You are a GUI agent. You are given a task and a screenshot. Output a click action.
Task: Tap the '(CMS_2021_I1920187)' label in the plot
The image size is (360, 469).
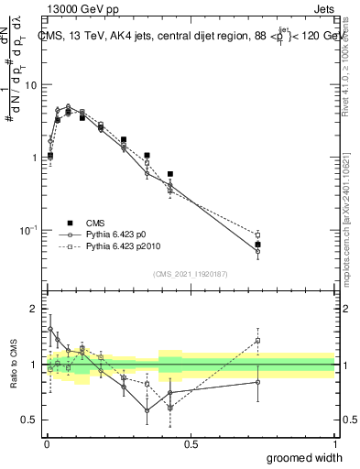[x=191, y=273]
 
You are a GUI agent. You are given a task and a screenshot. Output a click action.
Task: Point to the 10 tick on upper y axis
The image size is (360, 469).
[x=29, y=85]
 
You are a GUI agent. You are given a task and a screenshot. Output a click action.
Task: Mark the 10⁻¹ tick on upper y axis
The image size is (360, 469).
[x=27, y=229]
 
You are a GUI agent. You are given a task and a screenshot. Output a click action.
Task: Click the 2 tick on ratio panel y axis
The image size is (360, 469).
[x=34, y=309]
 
